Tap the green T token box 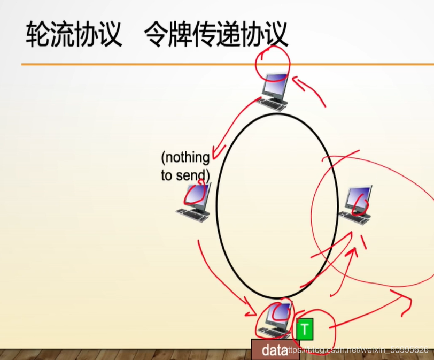(305, 330)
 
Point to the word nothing (185, 157)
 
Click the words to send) (185, 175)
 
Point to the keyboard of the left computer (191, 214)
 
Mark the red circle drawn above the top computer (273, 62)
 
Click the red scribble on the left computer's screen (196, 195)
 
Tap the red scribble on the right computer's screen (362, 202)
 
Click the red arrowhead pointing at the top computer (296, 81)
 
